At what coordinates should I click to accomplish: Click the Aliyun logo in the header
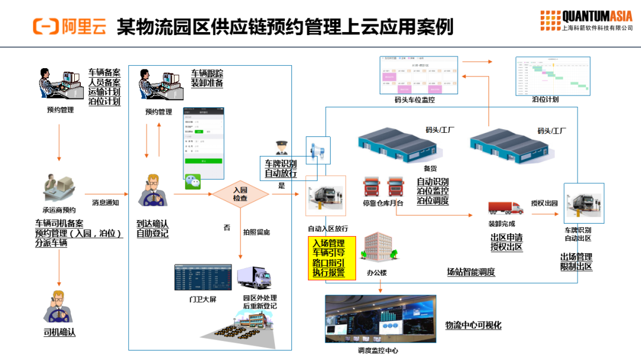pyautogui.click(x=69, y=26)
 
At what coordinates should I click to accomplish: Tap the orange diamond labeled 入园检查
pyautogui.click(x=240, y=194)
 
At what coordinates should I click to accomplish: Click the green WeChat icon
pyautogui.click(x=193, y=181)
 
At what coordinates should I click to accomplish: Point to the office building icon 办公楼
pyautogui.click(x=377, y=249)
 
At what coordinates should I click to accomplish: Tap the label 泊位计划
pyautogui.click(x=545, y=100)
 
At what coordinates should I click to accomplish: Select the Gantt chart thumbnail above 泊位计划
pyautogui.click(x=553, y=75)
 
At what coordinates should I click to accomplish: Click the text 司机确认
pyautogui.click(x=59, y=332)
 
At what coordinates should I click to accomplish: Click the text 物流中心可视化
pyautogui.click(x=473, y=325)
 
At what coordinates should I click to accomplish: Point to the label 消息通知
pyautogui.click(x=106, y=203)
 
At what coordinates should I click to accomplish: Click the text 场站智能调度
pyautogui.click(x=471, y=272)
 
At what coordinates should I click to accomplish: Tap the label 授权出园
pyautogui.click(x=544, y=203)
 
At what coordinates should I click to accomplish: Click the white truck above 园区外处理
pyautogui.click(x=255, y=277)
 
